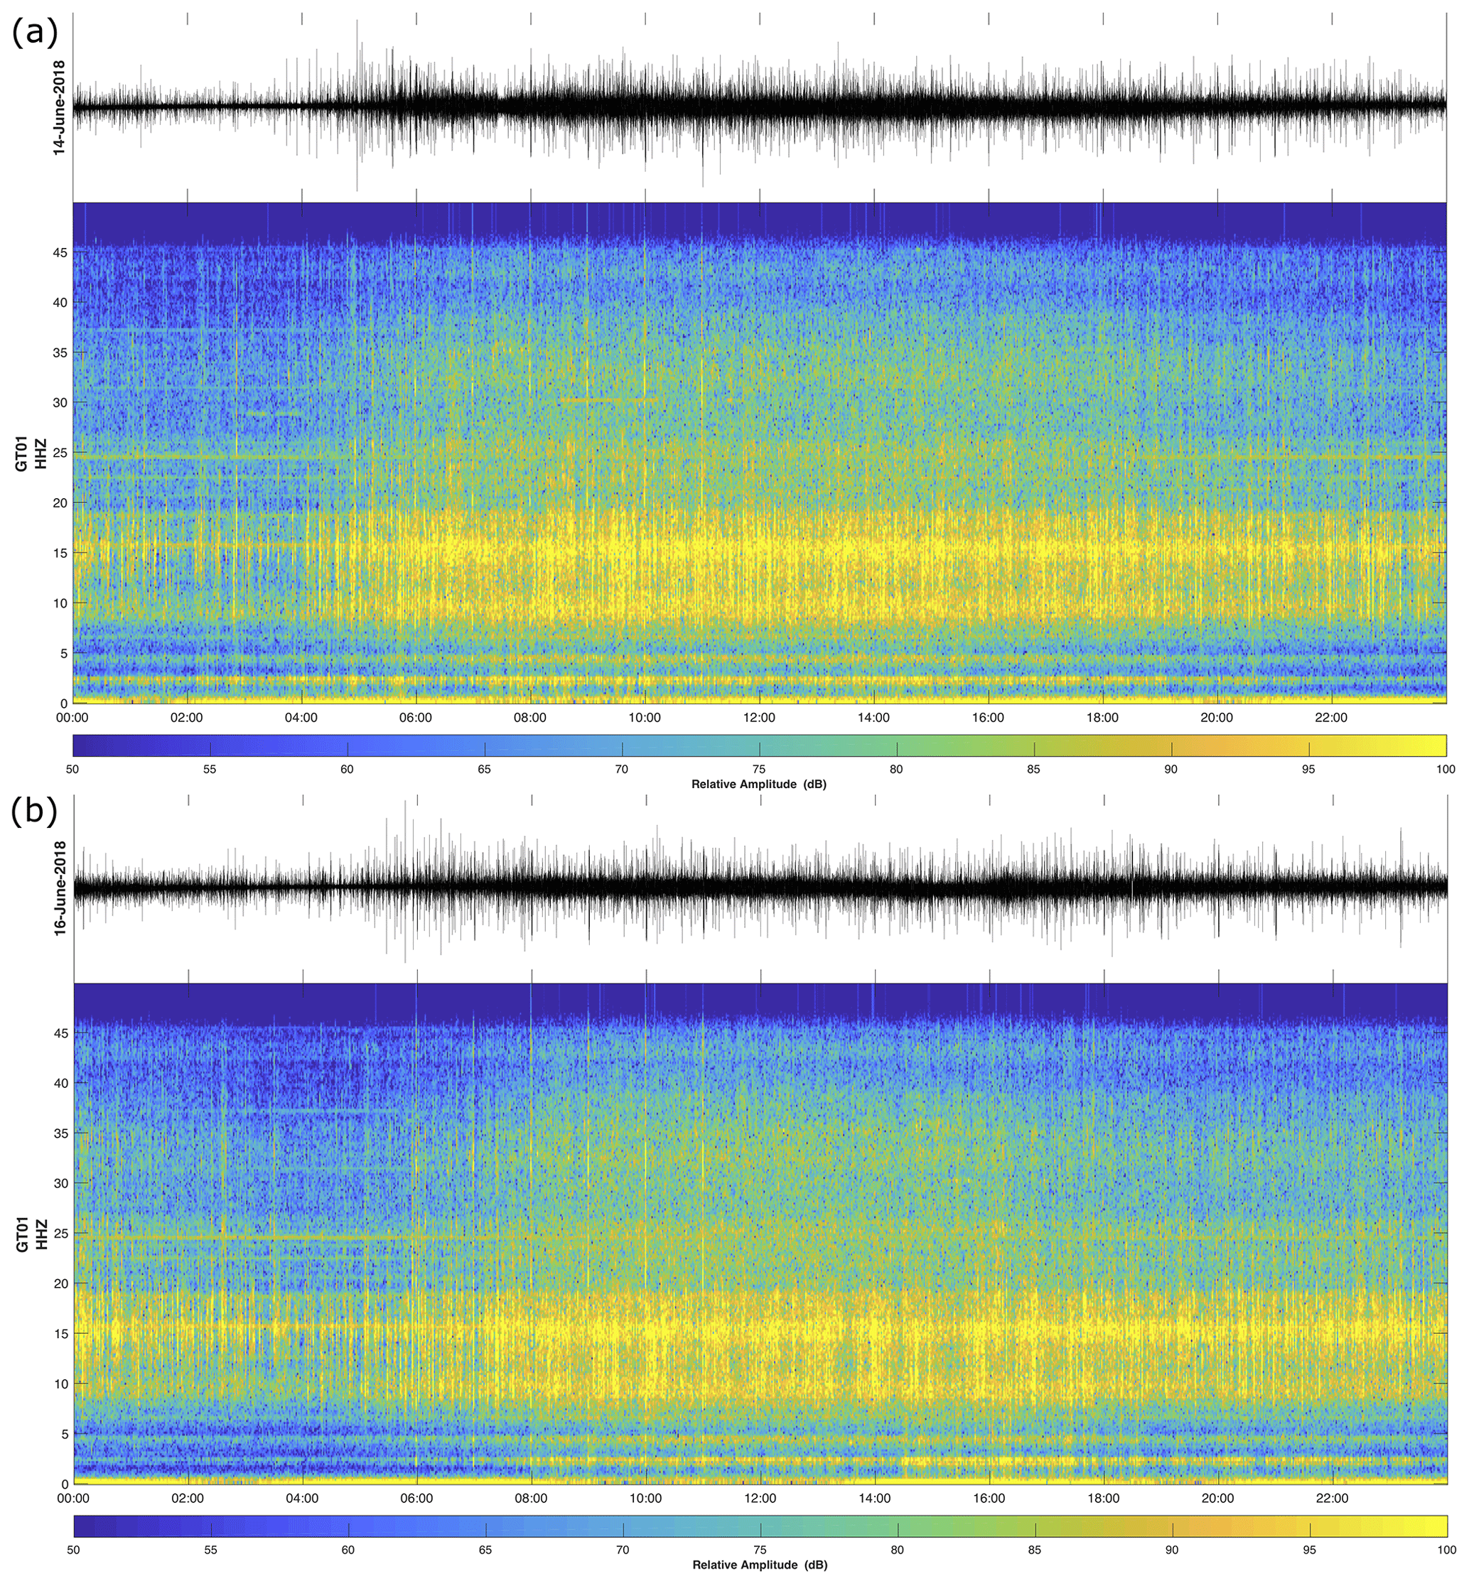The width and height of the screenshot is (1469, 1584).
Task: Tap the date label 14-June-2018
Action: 59,107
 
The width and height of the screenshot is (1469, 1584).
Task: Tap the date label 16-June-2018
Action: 59,888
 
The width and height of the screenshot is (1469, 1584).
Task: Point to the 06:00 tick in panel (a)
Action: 416,718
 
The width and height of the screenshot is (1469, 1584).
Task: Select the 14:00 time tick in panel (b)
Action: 874,1499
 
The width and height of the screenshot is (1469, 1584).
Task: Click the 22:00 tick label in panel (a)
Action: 1331,718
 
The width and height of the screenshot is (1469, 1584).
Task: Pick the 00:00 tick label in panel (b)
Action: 73,1499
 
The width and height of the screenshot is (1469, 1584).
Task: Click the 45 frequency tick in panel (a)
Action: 60,253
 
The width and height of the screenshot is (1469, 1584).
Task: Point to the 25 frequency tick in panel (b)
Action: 60,1234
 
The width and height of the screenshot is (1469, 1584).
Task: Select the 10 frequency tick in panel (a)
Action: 60,603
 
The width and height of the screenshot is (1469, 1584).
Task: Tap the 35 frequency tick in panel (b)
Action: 60,1133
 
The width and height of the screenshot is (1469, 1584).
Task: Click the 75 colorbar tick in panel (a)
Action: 759,770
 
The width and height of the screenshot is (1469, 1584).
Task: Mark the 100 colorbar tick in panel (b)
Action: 1444,1550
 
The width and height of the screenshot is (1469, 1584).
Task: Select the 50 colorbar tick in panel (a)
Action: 73,770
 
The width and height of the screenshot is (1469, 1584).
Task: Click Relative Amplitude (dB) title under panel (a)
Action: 758,785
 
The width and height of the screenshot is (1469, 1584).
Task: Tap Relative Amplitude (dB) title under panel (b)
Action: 759,1565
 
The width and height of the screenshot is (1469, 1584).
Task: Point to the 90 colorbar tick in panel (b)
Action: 1171,1550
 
